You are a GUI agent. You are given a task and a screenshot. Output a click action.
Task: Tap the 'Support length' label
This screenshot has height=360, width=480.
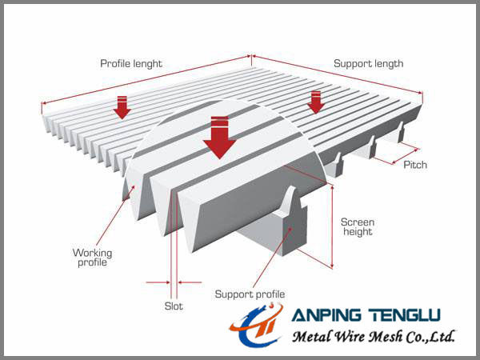click(368, 63)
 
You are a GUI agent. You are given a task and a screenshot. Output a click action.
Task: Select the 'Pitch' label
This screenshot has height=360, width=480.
click(415, 165)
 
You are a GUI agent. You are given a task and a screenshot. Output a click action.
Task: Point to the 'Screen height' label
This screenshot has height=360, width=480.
click(357, 226)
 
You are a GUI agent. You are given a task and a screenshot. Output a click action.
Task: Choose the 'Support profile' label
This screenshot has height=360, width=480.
click(250, 294)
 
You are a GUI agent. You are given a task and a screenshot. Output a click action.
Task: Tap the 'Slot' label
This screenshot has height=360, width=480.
click(174, 306)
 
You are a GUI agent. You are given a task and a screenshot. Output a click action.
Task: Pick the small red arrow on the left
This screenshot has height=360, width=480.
click(122, 106)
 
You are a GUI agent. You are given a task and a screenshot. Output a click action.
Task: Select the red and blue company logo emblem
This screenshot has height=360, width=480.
click(256, 328)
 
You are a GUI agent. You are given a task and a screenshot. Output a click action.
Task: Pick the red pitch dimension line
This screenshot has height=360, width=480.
click(405, 154)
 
